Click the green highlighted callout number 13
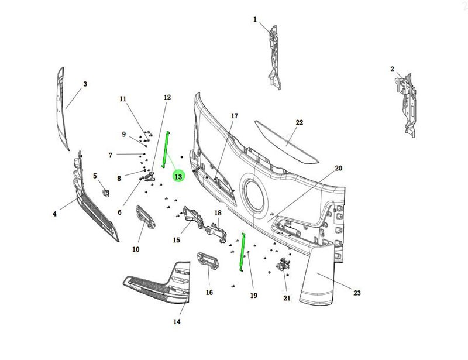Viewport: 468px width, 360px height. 178,176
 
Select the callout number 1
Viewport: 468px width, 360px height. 255,19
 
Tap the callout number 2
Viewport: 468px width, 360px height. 392,69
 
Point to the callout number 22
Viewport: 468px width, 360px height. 300,122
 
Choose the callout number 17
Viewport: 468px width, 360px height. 234,116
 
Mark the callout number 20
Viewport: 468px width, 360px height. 338,168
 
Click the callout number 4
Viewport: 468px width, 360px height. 54,214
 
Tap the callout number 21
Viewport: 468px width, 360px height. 287,298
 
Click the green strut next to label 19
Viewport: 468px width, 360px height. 240,252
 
